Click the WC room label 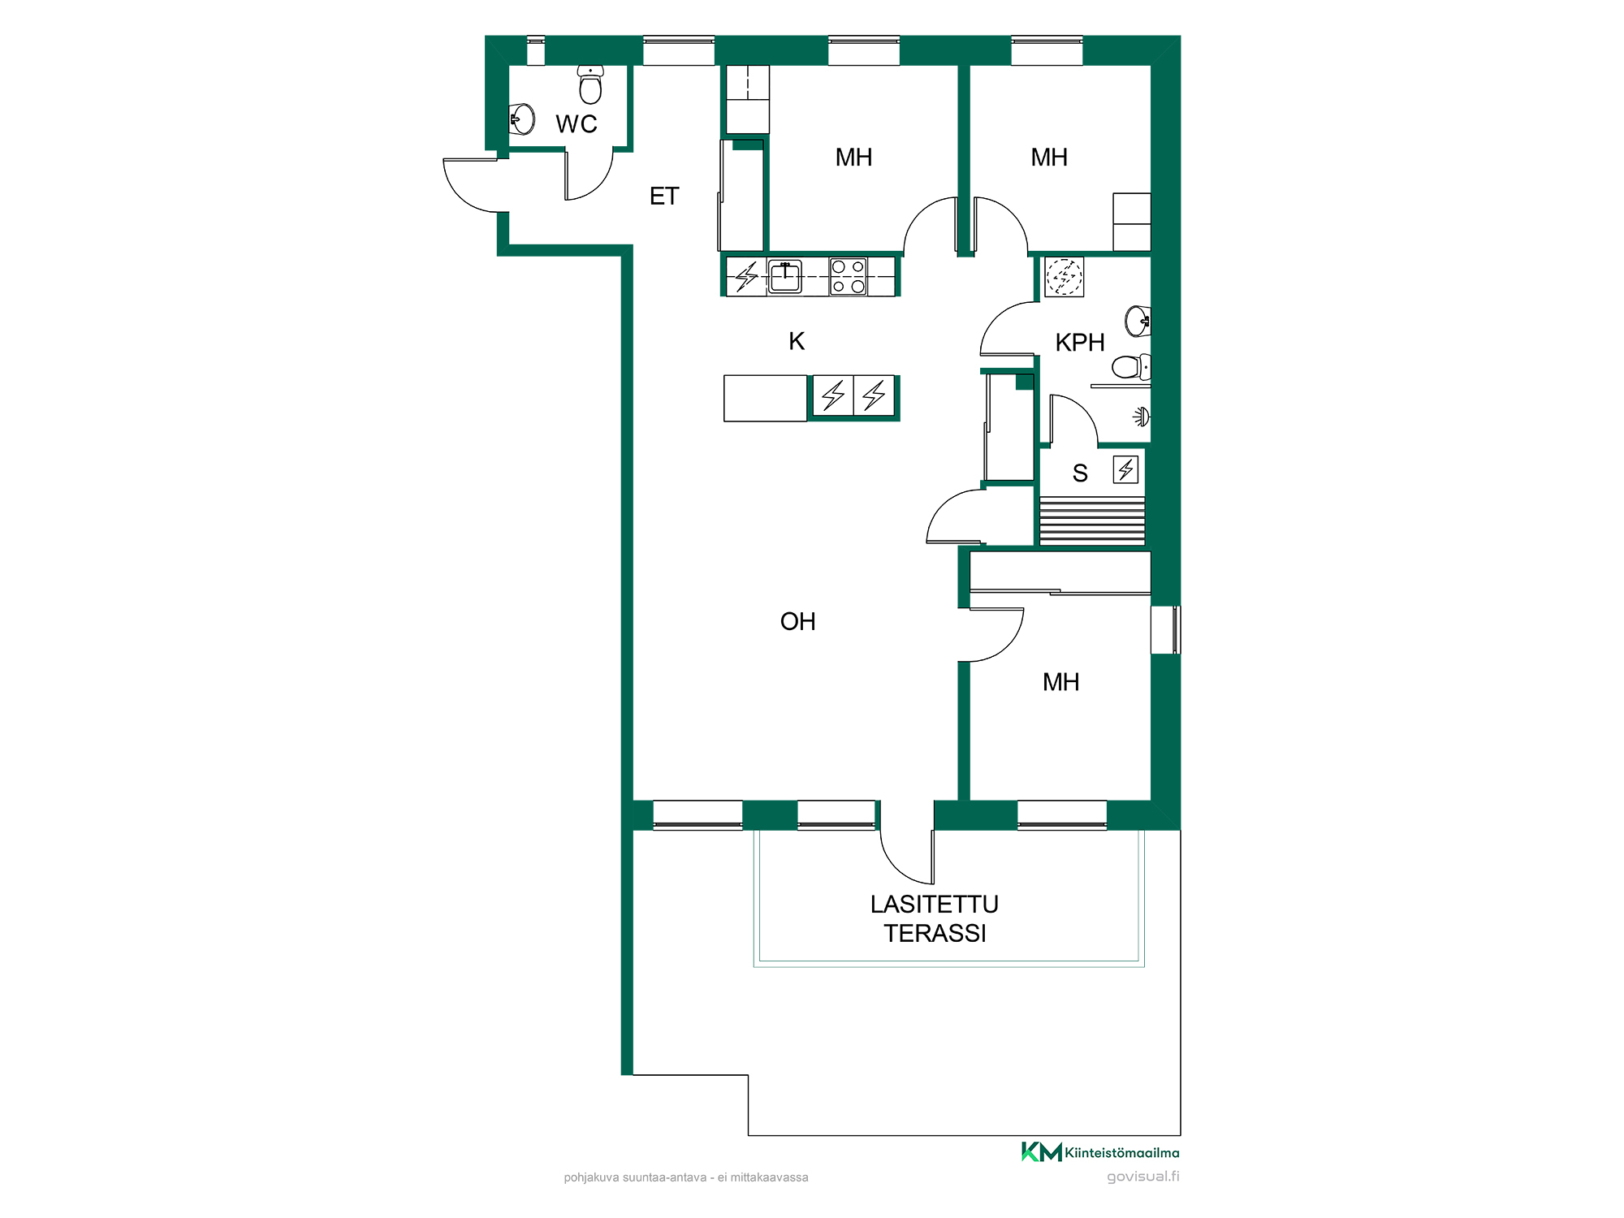577,124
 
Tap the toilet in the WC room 590,84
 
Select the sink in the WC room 521,119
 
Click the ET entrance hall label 664,197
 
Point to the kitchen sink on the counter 785,276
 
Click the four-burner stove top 849,276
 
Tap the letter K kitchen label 797,341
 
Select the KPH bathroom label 1080,343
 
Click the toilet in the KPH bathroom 1131,367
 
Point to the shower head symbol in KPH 1142,417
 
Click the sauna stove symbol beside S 1125,469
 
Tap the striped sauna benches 1092,520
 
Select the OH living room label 797,622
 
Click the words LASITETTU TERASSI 935,919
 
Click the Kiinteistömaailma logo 1100,1152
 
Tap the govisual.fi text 1143,1177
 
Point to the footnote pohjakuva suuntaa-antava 686,1177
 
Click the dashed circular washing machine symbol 1064,277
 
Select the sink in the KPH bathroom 1138,322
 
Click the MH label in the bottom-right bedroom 1061,682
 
